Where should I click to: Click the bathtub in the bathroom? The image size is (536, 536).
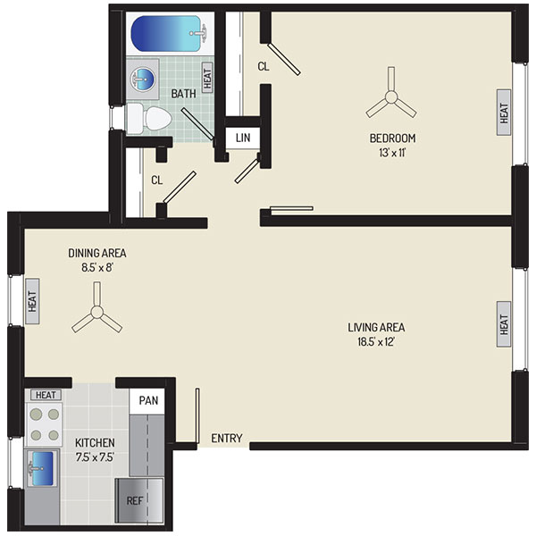pyautogui.click(x=170, y=34)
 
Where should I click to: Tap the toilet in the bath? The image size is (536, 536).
pyautogui.click(x=149, y=119)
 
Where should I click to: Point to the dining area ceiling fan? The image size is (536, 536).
pyautogui.click(x=97, y=311)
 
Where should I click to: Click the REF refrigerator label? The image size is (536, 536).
pyautogui.click(x=135, y=501)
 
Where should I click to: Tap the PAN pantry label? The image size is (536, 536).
pyautogui.click(x=148, y=400)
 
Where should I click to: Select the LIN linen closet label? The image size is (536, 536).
pyautogui.click(x=243, y=138)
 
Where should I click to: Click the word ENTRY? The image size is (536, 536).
pyautogui.click(x=227, y=438)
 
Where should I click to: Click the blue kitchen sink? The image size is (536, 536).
pyautogui.click(x=42, y=468)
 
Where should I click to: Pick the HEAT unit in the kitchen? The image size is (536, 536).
pyautogui.click(x=46, y=395)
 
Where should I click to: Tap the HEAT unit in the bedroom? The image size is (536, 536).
pyautogui.click(x=504, y=113)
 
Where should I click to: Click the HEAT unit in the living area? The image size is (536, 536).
pyautogui.click(x=504, y=324)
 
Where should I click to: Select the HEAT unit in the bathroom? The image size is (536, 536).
pyautogui.click(x=207, y=77)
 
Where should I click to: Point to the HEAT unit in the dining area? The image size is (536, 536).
pyautogui.click(x=32, y=301)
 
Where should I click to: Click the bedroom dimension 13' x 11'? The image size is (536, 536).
pyautogui.click(x=392, y=152)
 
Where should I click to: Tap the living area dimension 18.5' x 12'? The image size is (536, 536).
pyautogui.click(x=376, y=341)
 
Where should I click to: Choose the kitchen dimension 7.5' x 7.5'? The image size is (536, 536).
pyautogui.click(x=95, y=457)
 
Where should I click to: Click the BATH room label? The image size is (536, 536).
pyautogui.click(x=183, y=93)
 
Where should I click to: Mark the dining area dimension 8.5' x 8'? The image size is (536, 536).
pyautogui.click(x=97, y=267)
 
